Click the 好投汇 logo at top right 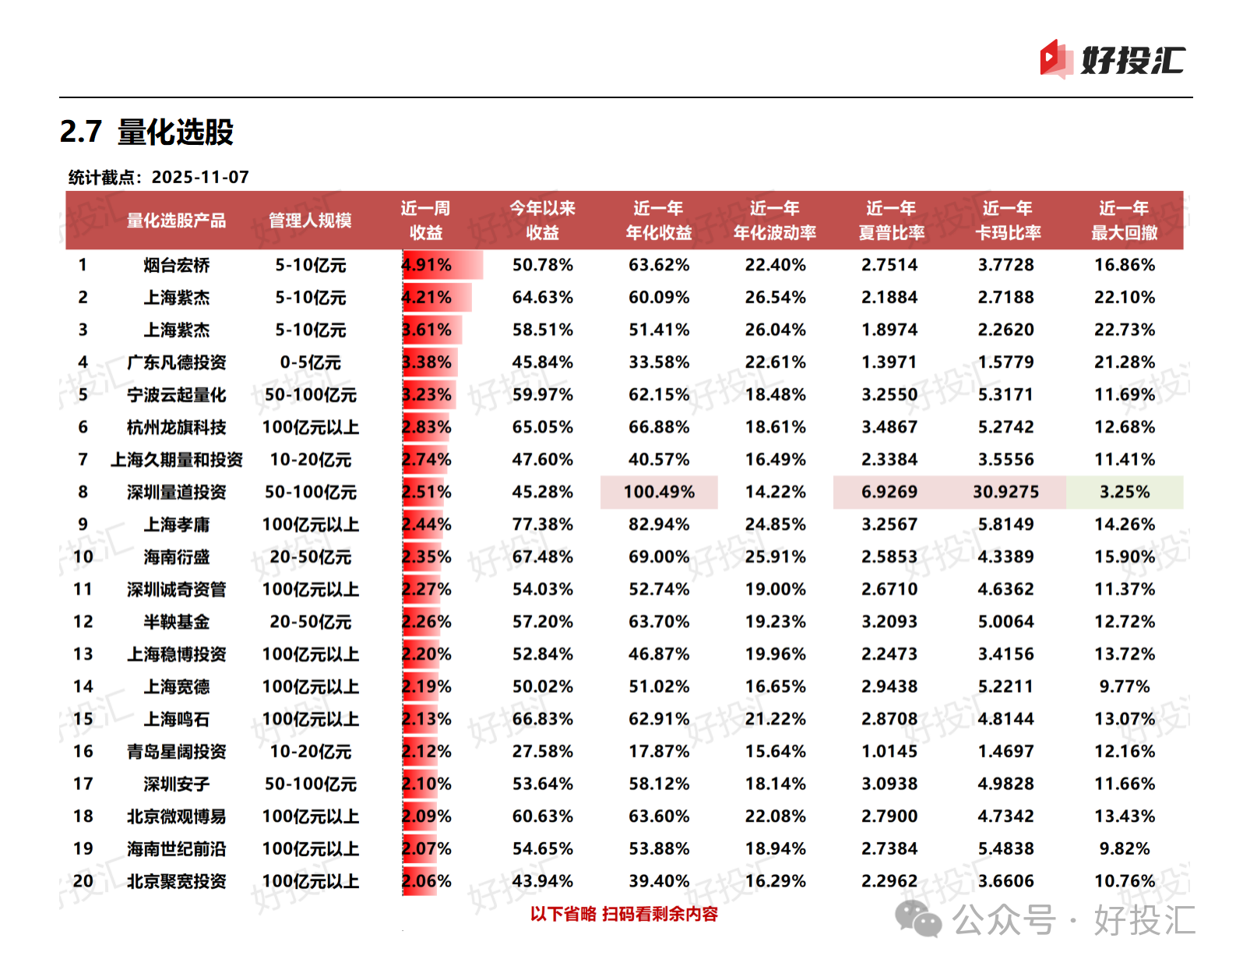(x=1112, y=59)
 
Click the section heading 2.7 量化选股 (x=146, y=132)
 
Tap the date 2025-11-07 (x=200, y=177)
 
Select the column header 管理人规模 (x=310, y=220)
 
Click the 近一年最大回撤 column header (x=1124, y=220)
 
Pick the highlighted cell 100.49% (x=659, y=492)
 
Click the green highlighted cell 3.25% (x=1124, y=492)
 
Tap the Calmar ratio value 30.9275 (x=1005, y=492)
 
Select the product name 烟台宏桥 (x=176, y=266)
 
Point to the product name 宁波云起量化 (x=176, y=395)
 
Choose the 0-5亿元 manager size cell (x=310, y=362)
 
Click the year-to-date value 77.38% (x=542, y=524)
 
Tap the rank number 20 (x=83, y=881)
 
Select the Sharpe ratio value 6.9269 (x=889, y=492)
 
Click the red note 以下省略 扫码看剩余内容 (x=624, y=914)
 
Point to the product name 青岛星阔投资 (x=176, y=752)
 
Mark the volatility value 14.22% (x=775, y=492)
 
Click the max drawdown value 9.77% (x=1124, y=686)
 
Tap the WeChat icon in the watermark (x=918, y=919)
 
